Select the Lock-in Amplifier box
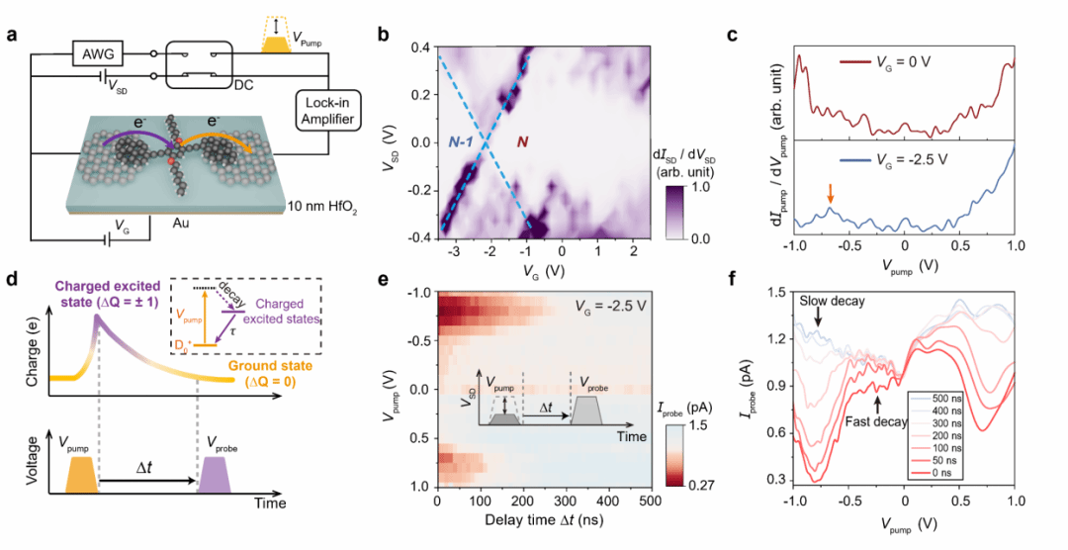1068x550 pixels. (328, 111)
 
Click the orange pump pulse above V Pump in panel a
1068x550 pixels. (275, 44)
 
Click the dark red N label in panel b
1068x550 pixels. (522, 141)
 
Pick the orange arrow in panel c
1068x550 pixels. (830, 196)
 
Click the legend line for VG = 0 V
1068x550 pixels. (854, 61)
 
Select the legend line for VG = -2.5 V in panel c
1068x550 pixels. (854, 161)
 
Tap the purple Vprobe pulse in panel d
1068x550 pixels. (215, 475)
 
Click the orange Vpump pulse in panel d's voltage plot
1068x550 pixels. (82, 475)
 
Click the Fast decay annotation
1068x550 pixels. (876, 421)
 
